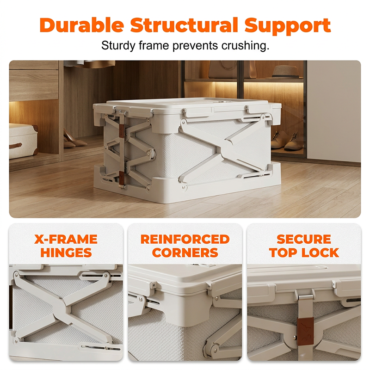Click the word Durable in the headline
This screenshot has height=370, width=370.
82,25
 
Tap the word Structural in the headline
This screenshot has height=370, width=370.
184,25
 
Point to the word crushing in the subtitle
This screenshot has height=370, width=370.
245,45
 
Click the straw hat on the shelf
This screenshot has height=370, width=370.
287,72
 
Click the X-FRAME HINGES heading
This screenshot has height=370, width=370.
66,246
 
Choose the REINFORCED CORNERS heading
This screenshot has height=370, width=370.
185,246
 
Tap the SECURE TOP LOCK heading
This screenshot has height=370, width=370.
304,246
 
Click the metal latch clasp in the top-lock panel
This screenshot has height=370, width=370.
305,297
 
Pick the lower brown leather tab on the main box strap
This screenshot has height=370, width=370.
121,178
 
